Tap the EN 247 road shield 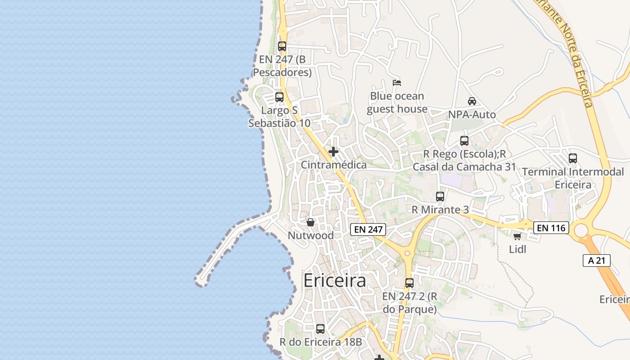(x=368, y=229)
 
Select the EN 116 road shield (x=551, y=228)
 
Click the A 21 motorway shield (x=596, y=260)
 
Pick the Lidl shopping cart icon (x=517, y=236)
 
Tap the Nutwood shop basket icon (x=310, y=222)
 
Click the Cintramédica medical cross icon (x=333, y=152)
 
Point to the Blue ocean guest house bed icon (x=397, y=83)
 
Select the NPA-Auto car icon (x=472, y=101)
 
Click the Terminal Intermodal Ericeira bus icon (x=572, y=158)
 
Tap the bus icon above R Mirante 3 (x=440, y=197)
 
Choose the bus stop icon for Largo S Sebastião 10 (x=279, y=97)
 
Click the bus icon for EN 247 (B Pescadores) (x=282, y=46)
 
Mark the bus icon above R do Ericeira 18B (x=320, y=329)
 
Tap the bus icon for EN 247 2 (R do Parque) (x=409, y=283)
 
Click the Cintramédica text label (x=333, y=165)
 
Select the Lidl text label (x=517, y=249)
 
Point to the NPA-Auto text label (x=472, y=115)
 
